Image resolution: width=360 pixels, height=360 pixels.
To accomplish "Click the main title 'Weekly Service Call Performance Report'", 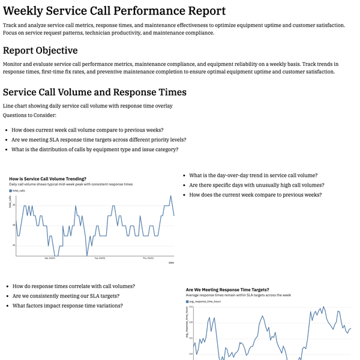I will [x=114, y=11].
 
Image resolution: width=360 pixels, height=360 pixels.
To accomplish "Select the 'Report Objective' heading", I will [x=40, y=50].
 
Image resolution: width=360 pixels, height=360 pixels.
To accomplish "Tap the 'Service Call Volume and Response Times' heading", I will [x=95, y=92].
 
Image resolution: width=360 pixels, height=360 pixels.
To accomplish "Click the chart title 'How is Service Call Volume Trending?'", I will [x=47, y=178].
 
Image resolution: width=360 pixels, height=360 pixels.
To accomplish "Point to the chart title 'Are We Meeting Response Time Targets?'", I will [x=227, y=289].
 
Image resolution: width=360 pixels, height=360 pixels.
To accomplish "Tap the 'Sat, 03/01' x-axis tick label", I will [x=50, y=258].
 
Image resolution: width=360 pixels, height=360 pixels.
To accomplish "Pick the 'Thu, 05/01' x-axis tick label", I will [x=148, y=258].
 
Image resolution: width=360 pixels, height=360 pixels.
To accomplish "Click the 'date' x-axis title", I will [x=171, y=262].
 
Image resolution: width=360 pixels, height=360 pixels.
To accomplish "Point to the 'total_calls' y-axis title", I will [x=10, y=202].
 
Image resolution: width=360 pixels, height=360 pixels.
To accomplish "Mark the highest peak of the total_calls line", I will [x=170, y=196].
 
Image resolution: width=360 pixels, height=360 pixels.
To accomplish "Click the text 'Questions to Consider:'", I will [x=29, y=115].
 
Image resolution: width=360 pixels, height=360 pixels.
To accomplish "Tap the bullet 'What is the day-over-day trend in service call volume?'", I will [x=253, y=175].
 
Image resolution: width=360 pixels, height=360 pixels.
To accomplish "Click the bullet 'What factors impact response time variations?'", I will [x=68, y=305].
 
